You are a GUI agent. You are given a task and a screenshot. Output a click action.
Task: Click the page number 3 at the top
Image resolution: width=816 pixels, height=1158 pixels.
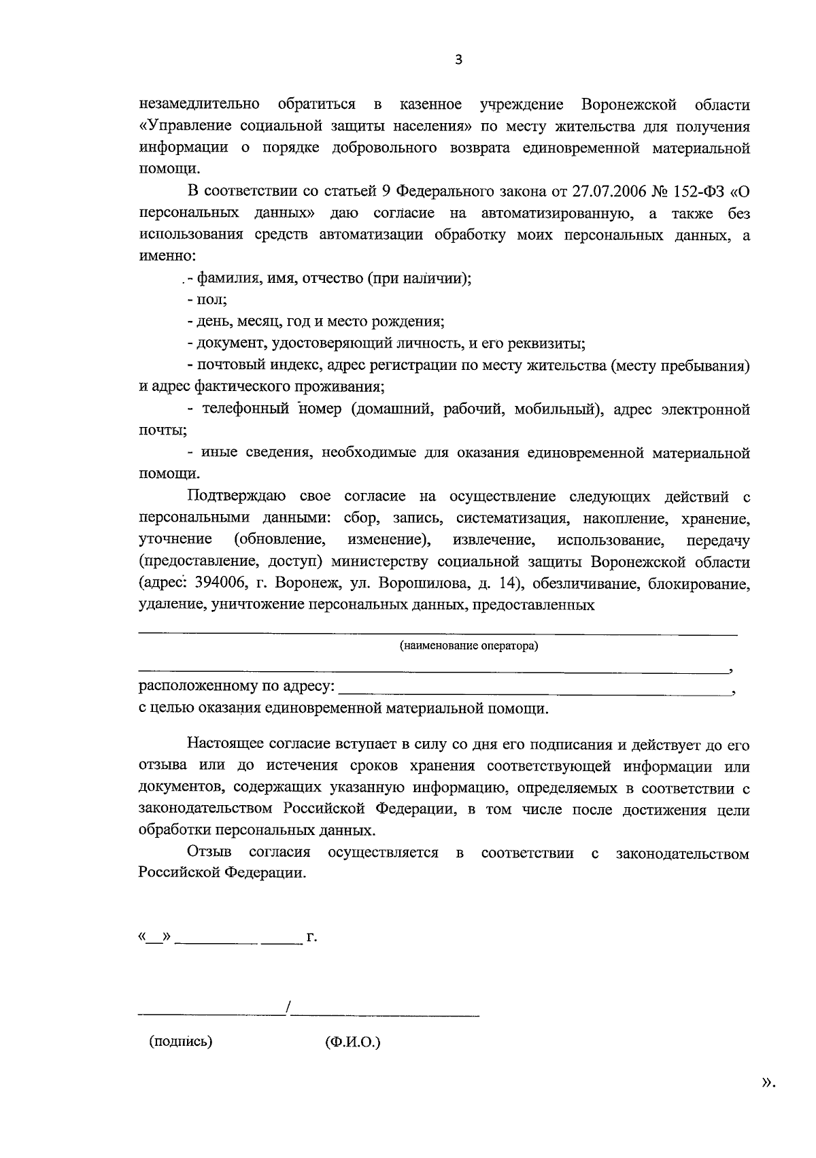[x=458, y=61]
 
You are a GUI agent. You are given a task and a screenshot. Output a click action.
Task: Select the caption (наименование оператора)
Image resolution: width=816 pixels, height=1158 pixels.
[x=469, y=646]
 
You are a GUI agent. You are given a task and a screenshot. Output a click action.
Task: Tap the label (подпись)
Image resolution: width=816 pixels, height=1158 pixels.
[x=181, y=1041]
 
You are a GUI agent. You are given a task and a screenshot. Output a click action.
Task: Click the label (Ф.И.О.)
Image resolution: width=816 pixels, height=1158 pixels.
[x=353, y=1042]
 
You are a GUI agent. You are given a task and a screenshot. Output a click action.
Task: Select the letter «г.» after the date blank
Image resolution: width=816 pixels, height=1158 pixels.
[x=312, y=938]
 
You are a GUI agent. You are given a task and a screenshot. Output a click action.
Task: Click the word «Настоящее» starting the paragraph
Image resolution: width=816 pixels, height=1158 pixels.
[x=222, y=745]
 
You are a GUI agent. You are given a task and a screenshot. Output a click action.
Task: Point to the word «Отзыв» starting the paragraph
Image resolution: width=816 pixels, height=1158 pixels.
[x=209, y=853]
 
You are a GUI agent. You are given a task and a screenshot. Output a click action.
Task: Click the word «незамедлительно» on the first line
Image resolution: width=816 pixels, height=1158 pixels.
[x=199, y=105]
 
